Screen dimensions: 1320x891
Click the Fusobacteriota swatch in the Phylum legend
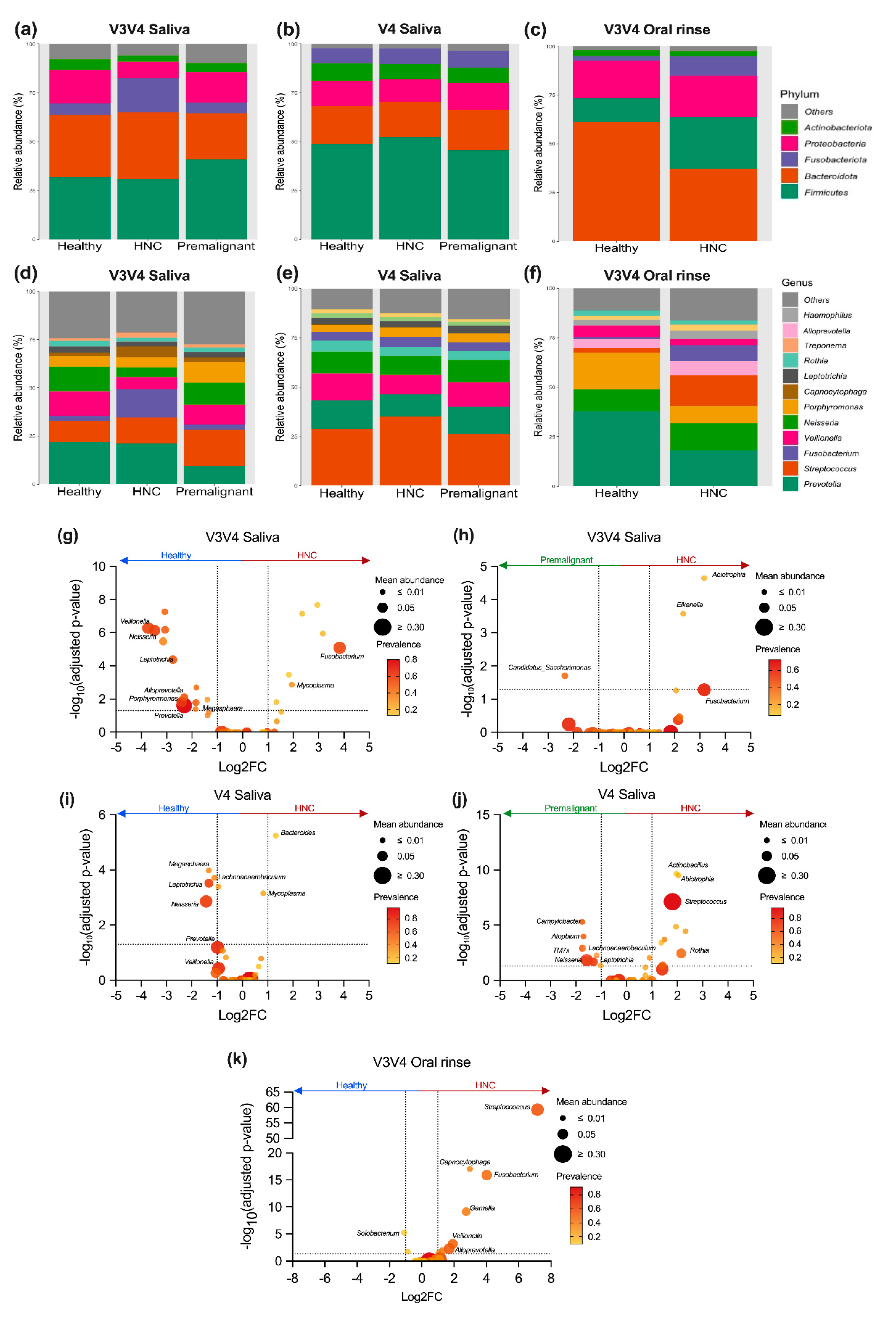[789, 160]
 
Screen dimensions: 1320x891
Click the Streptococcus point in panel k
[537, 1109]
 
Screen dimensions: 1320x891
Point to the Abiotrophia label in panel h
[728, 574]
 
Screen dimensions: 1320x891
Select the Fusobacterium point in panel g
[339, 647]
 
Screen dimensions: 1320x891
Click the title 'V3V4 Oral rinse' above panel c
[657, 29]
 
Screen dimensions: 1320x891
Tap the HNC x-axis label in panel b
[410, 246]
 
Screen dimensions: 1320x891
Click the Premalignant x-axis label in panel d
[214, 491]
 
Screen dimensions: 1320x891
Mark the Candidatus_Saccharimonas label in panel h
[549, 667]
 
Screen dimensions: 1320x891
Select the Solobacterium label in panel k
[377, 1233]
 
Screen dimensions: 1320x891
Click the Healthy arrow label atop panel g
[176, 555]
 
